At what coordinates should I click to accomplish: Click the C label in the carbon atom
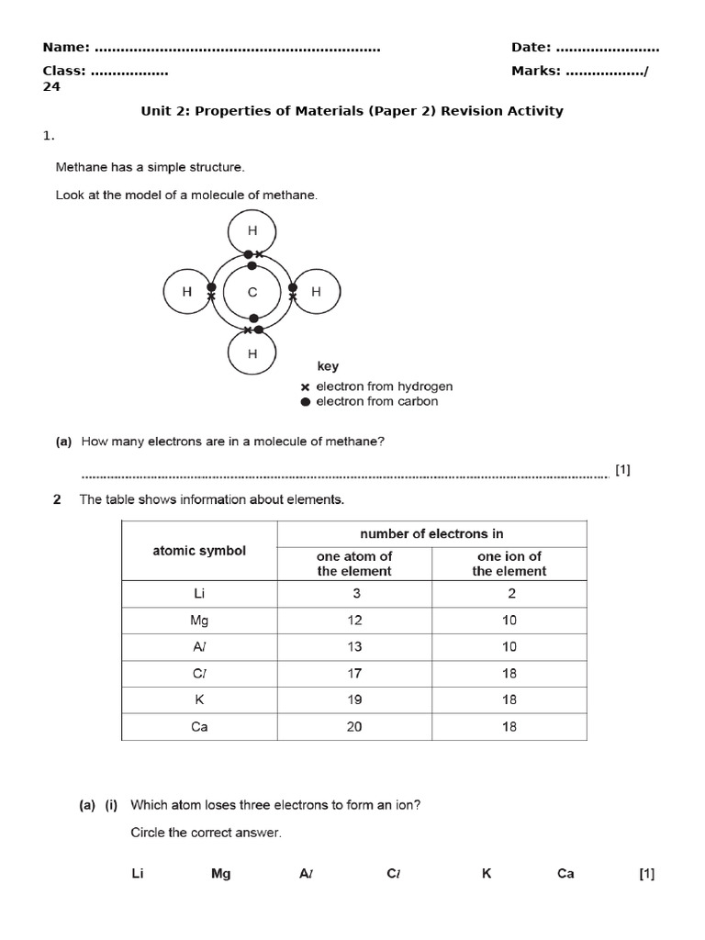pos(252,293)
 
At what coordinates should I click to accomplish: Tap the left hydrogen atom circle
pos(187,293)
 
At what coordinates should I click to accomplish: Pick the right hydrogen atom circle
pos(316,293)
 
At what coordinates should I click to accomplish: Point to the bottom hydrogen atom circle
pos(252,353)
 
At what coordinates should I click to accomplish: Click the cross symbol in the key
pos(306,387)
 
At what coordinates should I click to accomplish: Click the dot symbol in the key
pos(306,402)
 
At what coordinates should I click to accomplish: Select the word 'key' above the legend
pos(328,366)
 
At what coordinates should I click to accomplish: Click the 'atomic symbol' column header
pos(199,551)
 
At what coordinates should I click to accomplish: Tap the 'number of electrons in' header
pos(431,533)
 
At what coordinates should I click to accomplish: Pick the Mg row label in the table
pos(199,621)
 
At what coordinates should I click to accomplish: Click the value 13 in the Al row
pos(354,647)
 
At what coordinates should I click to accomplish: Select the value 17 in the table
pos(354,674)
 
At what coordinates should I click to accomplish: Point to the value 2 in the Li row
pos(511,594)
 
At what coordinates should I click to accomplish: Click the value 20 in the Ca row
pos(354,727)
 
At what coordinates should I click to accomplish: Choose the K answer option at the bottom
pos(487,874)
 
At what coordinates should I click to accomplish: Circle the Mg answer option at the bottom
pos(220,874)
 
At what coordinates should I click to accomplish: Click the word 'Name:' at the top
pos(66,48)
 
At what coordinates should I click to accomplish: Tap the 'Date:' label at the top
pos(532,48)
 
